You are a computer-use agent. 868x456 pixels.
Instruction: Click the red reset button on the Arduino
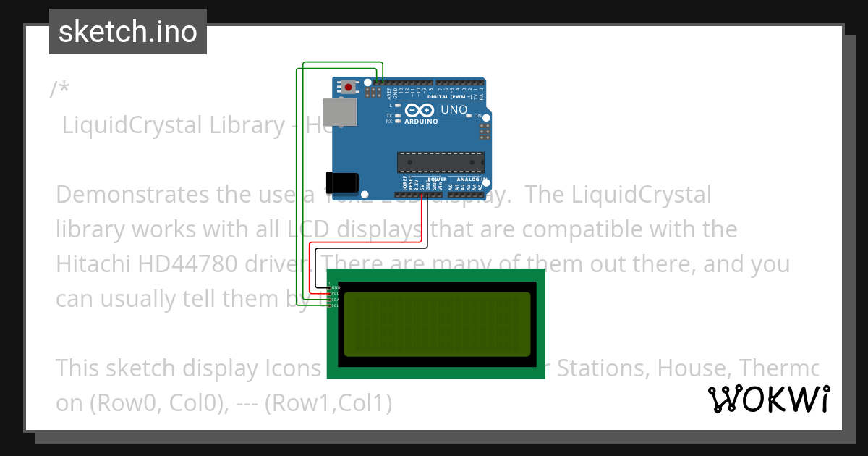(x=349, y=88)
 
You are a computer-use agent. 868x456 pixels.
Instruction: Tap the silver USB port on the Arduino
(x=339, y=112)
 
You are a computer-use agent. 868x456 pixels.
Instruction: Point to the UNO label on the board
(x=454, y=110)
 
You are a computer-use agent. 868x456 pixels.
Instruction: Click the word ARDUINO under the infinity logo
(x=421, y=122)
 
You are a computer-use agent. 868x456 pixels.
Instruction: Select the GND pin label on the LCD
(x=336, y=287)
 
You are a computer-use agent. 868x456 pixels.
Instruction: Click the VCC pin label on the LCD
(x=336, y=293)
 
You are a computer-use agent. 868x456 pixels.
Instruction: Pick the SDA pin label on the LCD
(x=336, y=299)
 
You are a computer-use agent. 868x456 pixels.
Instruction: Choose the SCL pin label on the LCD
(x=336, y=305)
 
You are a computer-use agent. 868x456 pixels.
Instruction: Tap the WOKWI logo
(x=769, y=399)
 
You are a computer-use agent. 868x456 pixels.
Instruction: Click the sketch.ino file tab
(x=128, y=32)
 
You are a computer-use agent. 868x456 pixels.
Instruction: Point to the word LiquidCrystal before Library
(x=132, y=125)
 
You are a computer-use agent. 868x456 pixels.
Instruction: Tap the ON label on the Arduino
(x=477, y=116)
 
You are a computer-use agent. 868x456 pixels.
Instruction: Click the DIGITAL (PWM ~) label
(x=450, y=96)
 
